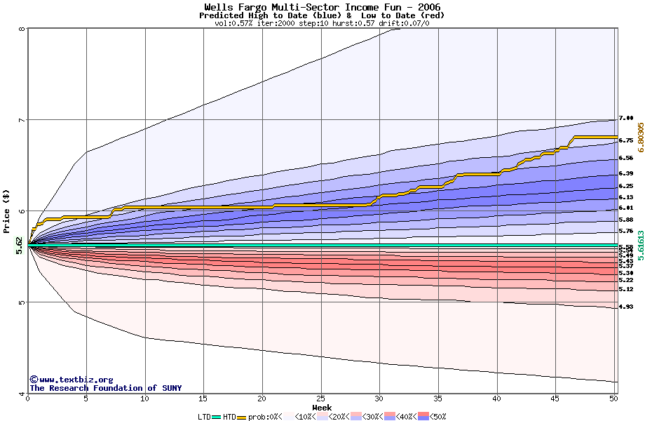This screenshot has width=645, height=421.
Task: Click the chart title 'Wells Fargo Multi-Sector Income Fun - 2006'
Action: [322, 7]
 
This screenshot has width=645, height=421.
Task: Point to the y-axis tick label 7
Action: [21, 120]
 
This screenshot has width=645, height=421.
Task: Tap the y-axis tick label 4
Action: [21, 393]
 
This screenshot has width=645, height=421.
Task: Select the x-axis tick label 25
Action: [320, 399]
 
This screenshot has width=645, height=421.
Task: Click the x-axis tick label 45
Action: [555, 399]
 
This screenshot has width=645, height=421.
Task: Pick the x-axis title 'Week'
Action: [322, 407]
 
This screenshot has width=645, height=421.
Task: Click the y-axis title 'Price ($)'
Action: [7, 210]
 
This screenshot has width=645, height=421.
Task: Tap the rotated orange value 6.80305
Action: [639, 136]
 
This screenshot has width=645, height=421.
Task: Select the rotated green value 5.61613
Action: [639, 246]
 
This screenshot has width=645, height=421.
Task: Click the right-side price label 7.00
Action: [626, 119]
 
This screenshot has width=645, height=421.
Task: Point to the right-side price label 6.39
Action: [626, 173]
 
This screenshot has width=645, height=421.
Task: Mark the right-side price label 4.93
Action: [626, 307]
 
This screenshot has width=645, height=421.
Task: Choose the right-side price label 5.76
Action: [626, 231]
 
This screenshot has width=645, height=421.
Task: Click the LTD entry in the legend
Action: [204, 417]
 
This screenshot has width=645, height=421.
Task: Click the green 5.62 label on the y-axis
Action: [19, 244]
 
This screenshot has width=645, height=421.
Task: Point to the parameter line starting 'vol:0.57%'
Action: [322, 23]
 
